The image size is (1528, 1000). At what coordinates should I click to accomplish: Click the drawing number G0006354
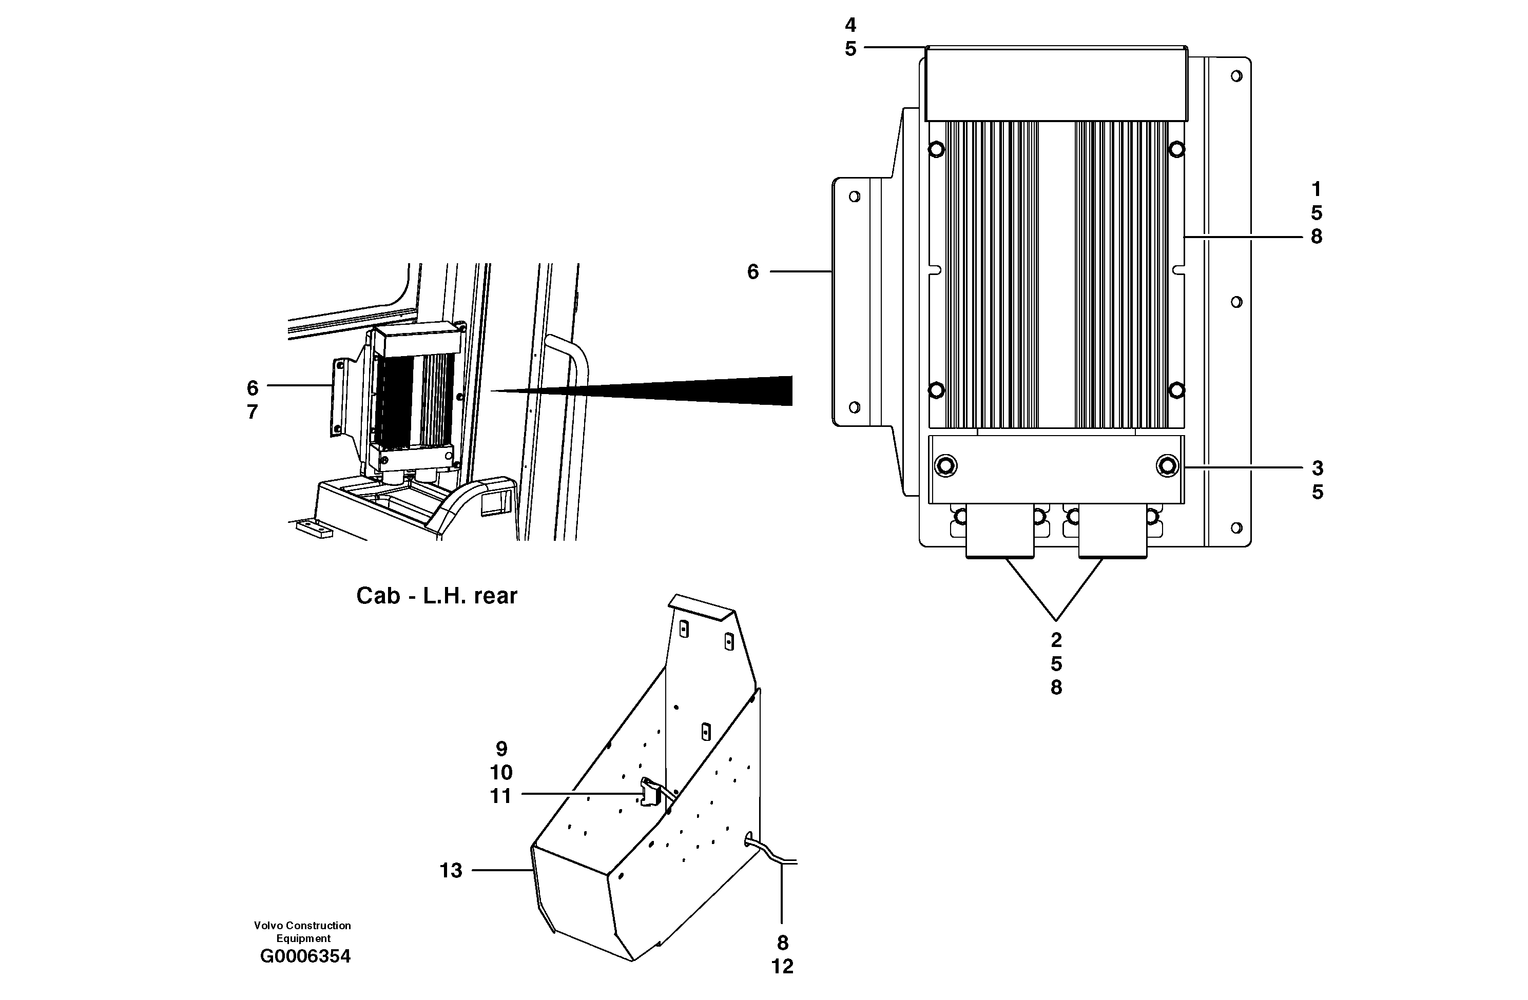[x=305, y=956]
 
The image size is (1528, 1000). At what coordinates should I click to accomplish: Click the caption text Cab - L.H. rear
[x=437, y=596]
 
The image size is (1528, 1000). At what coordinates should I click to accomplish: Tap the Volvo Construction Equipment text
[x=302, y=931]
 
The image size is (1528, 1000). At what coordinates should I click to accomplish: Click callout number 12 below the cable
[x=782, y=966]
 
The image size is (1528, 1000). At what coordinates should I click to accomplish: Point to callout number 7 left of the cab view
[x=253, y=411]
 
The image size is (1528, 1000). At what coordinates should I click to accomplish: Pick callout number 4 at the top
[x=850, y=25]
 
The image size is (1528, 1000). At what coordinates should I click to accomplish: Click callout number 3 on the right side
[x=1317, y=468]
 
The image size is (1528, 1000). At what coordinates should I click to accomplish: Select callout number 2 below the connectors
[x=1056, y=640]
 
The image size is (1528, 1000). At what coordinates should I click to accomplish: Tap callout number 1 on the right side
[x=1316, y=189]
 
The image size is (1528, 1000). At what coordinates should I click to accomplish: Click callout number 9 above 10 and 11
[x=501, y=749]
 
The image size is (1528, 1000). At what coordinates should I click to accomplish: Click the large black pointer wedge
[x=706, y=390]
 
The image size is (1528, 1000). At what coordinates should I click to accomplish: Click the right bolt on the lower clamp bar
[x=1167, y=465]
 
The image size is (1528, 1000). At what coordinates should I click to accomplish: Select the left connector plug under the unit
[x=1000, y=532]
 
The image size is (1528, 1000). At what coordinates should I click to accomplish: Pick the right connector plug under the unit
[x=1112, y=532]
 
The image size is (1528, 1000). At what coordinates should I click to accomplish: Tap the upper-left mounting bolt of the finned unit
[x=936, y=149]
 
